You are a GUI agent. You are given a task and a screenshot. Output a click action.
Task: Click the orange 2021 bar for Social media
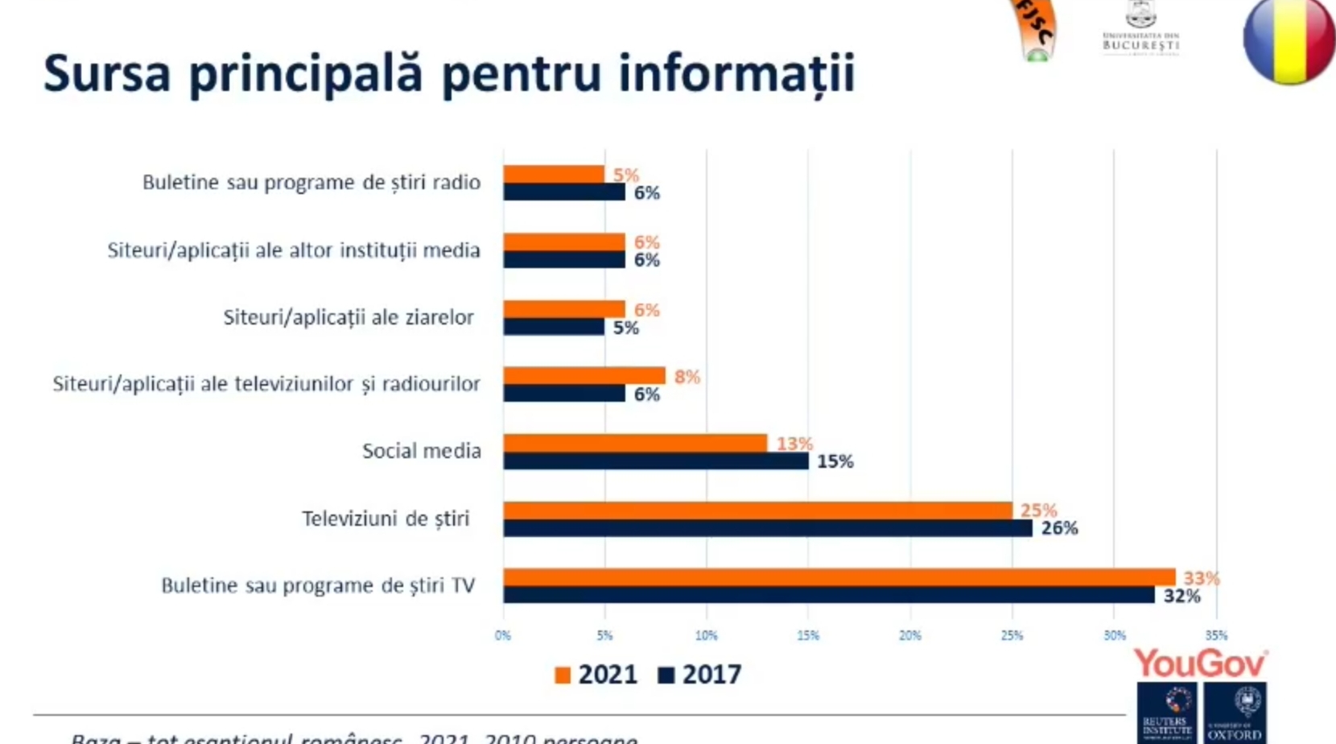pyautogui.click(x=635, y=443)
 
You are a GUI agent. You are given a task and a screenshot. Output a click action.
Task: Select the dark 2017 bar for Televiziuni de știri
pyautogui.click(x=767, y=528)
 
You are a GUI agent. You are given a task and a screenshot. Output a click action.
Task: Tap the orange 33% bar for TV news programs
pyautogui.click(x=839, y=577)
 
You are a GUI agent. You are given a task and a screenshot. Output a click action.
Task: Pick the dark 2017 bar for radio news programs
pyautogui.click(x=563, y=192)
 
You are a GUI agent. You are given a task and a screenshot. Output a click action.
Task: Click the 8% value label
pyautogui.click(x=687, y=377)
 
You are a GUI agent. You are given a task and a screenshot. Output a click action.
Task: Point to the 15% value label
pyautogui.click(x=835, y=461)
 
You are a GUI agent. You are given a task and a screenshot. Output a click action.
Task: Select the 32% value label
pyautogui.click(x=1181, y=597)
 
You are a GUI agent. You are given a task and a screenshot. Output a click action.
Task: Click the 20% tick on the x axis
pyautogui.click(x=909, y=636)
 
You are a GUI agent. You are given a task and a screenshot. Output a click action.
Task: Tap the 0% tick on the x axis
pyautogui.click(x=503, y=636)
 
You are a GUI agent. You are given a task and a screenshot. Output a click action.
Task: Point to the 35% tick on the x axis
pyautogui.click(x=1216, y=636)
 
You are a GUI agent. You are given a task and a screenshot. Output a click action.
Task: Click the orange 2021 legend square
pyautogui.click(x=563, y=675)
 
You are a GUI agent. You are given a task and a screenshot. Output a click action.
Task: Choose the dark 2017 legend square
pyautogui.click(x=666, y=675)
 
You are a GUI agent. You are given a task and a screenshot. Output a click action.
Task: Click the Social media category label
pyautogui.click(x=421, y=451)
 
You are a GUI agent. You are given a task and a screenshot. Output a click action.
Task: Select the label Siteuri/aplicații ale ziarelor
pyautogui.click(x=348, y=317)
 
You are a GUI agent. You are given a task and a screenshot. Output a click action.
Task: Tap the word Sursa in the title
pyautogui.click(x=107, y=73)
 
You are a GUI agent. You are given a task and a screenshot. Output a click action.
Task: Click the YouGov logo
pyautogui.click(x=1200, y=664)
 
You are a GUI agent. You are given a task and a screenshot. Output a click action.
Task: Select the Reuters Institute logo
pyautogui.click(x=1167, y=713)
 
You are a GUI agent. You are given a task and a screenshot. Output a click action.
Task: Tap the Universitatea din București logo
pyautogui.click(x=1140, y=28)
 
